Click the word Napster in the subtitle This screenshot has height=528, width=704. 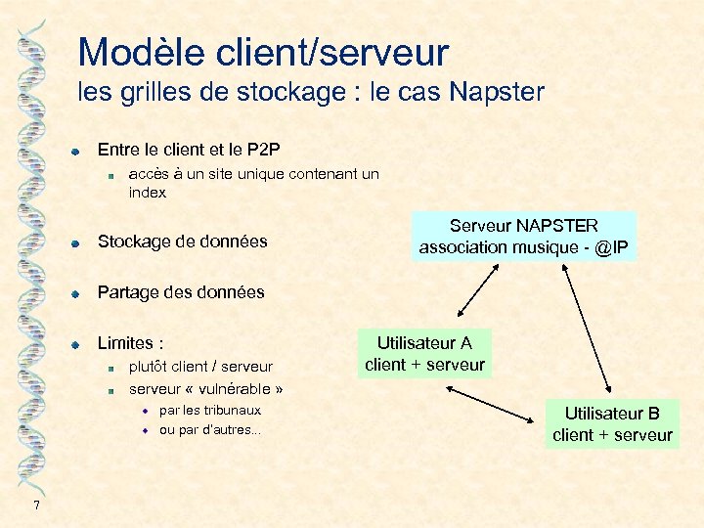point(496,93)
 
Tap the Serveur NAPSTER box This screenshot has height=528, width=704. point(524,237)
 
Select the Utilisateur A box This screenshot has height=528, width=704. point(424,354)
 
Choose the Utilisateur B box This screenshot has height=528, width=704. point(612,424)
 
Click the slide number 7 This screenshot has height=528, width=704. point(36,505)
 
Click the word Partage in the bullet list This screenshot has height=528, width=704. point(126,292)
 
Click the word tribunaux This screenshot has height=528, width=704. point(232,411)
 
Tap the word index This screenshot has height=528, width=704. point(148,193)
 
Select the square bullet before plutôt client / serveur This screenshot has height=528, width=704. point(112,368)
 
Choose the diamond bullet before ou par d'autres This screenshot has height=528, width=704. point(144,431)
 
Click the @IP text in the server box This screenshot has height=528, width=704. point(611,247)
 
